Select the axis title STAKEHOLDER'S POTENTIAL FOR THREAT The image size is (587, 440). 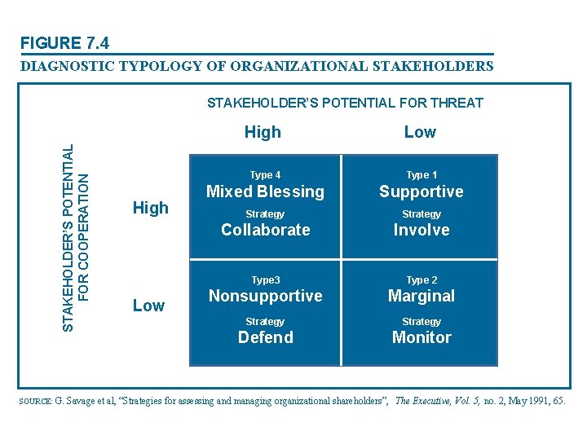tap(345, 103)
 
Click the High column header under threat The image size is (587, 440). tap(263, 132)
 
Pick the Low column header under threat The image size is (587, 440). tap(420, 132)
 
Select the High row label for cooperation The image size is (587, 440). tap(150, 208)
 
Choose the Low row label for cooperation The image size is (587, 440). tap(148, 306)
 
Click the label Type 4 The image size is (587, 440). tap(265, 175)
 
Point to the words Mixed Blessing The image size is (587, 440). tap(265, 192)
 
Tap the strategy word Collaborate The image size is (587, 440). tap(265, 230)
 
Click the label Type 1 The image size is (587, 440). tap(421, 175)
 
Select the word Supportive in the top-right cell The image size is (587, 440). tap(421, 192)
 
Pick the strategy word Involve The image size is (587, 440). tap(421, 230)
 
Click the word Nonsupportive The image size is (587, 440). tap(265, 296)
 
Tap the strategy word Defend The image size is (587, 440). tap(265, 337)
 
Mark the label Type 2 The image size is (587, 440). tap(421, 280)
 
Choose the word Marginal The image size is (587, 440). tap(421, 296)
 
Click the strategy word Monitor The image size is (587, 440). tap(421, 337)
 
